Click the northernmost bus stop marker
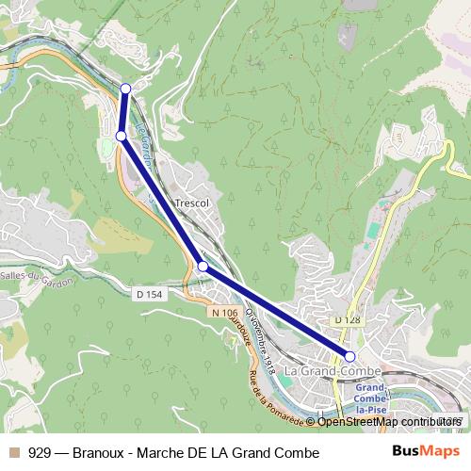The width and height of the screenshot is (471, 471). point(126,89)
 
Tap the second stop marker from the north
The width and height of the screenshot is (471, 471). point(121,137)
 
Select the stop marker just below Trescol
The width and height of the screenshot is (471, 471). point(203,267)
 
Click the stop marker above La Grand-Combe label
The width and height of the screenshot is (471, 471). point(349,356)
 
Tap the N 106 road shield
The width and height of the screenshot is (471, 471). point(223,312)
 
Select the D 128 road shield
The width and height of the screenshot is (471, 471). point(348,321)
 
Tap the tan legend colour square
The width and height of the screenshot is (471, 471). point(14,453)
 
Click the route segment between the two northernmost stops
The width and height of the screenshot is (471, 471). point(123,113)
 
